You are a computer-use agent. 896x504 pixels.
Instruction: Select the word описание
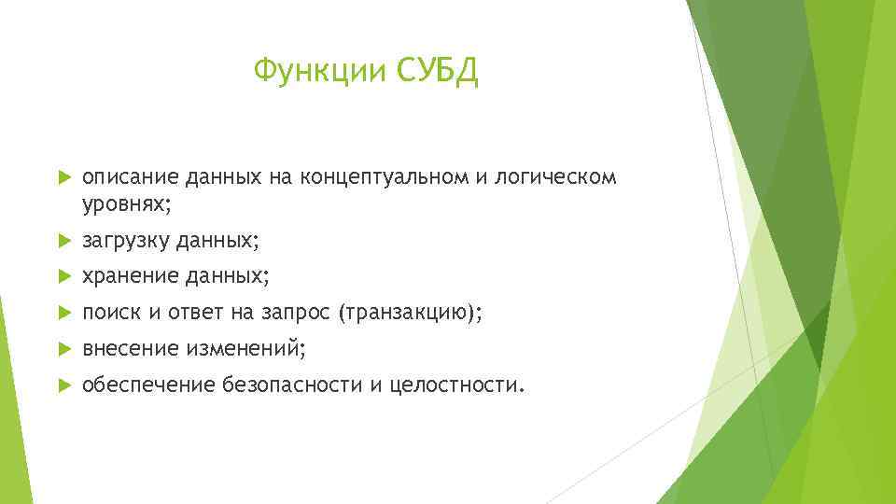(x=130, y=177)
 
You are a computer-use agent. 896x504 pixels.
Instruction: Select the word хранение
(x=130, y=276)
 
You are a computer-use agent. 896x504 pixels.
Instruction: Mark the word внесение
(x=130, y=348)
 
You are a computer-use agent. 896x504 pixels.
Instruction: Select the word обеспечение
(x=148, y=384)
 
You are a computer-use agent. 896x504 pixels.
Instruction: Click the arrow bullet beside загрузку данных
(x=63, y=241)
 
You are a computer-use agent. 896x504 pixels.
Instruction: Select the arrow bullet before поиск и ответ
(x=63, y=313)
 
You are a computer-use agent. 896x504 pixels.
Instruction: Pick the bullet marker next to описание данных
(x=63, y=177)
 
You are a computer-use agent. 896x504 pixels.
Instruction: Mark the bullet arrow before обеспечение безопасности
(x=63, y=384)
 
